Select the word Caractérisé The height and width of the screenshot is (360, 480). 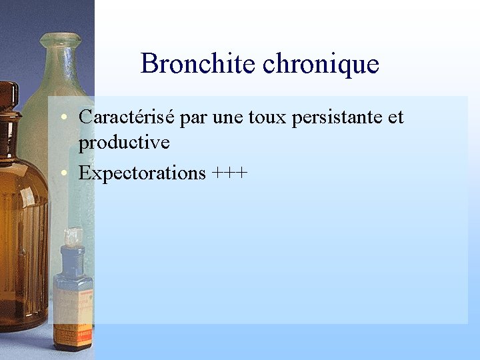pos(127,117)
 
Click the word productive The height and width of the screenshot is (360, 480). pos(124,142)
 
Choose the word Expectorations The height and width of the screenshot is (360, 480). pos(142,173)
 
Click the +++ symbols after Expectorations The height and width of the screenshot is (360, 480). pos(230,173)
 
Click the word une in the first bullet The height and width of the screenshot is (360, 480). pos(227,118)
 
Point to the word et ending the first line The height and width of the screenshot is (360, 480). pos(395,118)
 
